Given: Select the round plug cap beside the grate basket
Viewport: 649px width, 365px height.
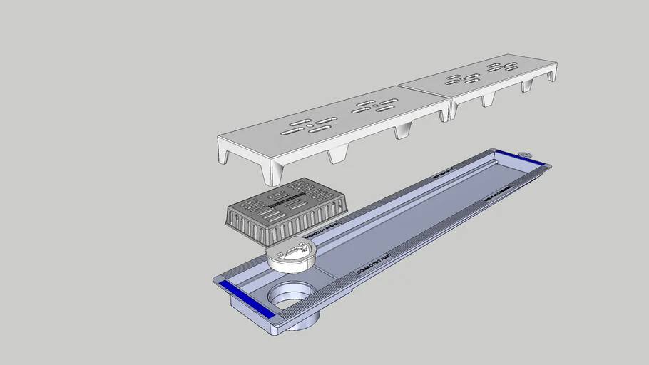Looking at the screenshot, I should pyautogui.click(x=291, y=255).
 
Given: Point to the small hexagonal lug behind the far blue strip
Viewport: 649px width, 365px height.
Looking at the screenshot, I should pyautogui.click(x=526, y=154).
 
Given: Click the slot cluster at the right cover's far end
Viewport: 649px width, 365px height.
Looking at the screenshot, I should pyautogui.click(x=502, y=67).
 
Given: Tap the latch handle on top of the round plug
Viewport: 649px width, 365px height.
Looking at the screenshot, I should pyautogui.click(x=295, y=249).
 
